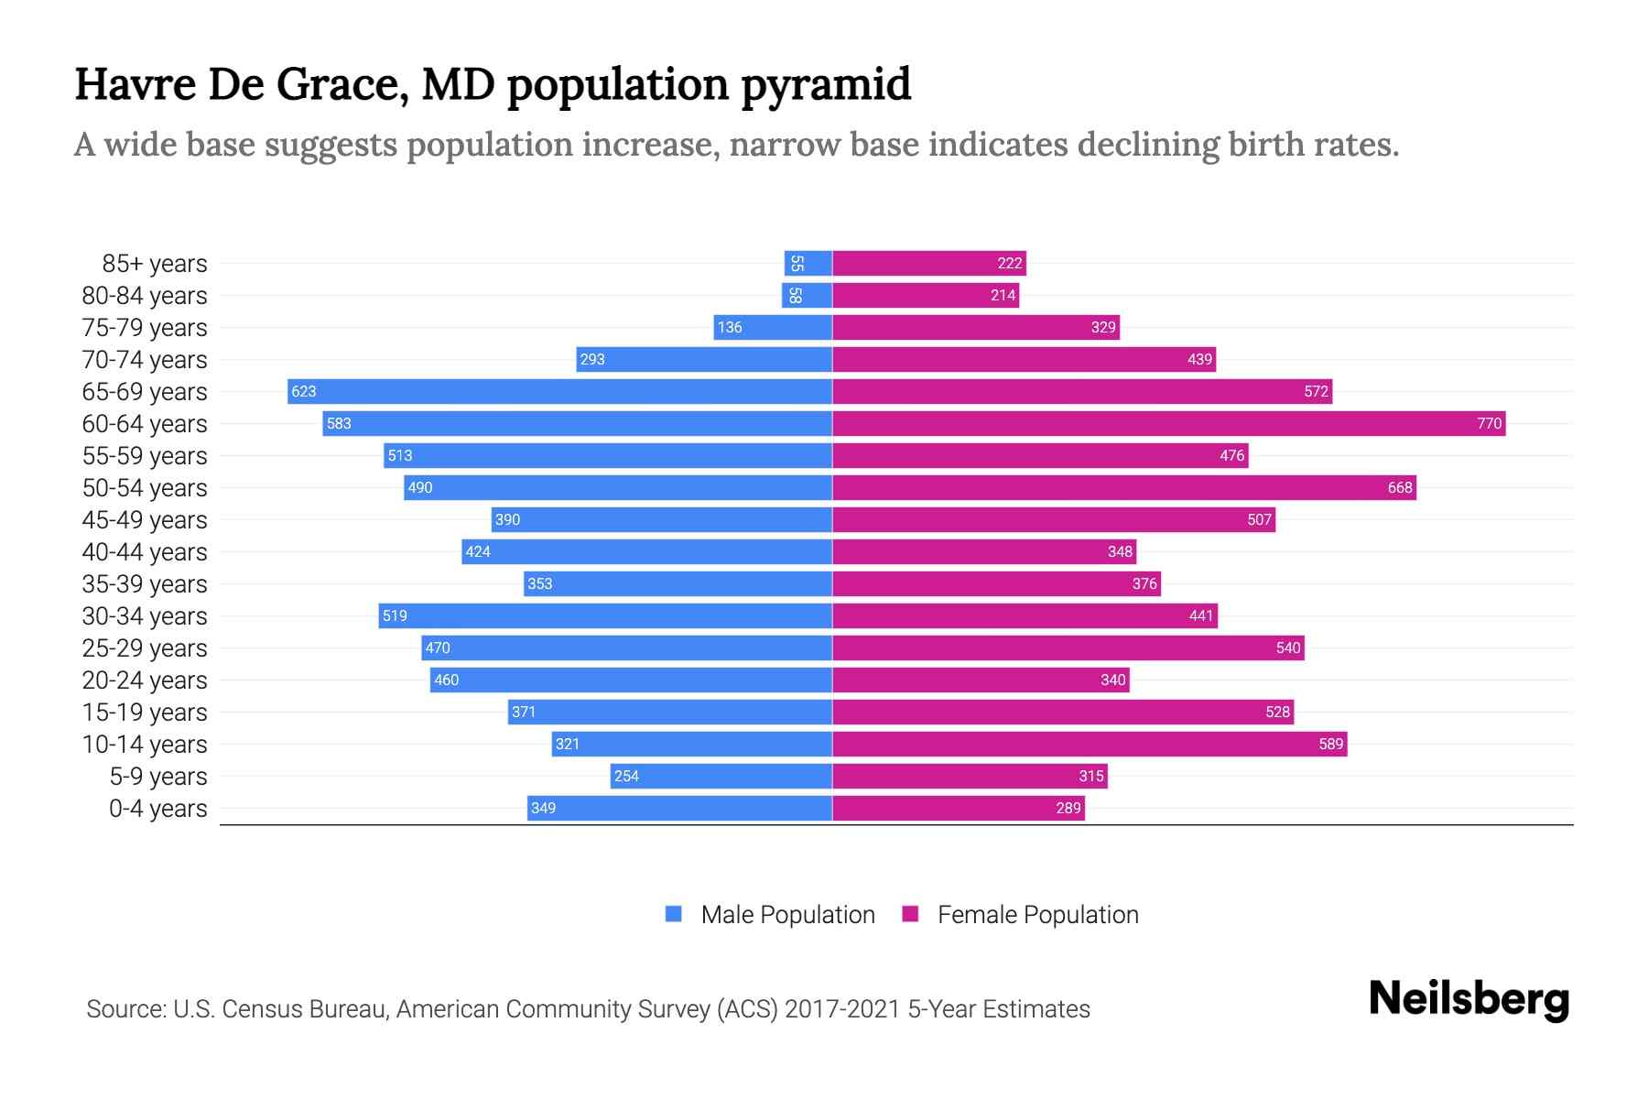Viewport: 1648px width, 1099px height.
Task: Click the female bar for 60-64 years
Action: (1168, 423)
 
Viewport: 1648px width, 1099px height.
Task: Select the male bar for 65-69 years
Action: (559, 391)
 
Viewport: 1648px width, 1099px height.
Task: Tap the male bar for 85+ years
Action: (808, 263)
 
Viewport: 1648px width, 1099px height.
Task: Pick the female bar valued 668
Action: (1124, 487)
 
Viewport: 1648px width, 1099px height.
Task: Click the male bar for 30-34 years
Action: (605, 615)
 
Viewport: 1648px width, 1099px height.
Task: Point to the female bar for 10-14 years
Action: (1090, 744)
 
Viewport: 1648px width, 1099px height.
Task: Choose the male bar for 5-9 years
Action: (721, 776)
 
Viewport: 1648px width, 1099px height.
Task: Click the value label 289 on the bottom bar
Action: (1068, 808)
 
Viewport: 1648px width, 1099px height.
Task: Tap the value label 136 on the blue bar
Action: (730, 327)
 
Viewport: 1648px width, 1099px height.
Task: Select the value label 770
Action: (1489, 423)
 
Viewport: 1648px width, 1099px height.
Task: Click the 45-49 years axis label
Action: (145, 519)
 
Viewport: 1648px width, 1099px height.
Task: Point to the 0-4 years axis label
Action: (157, 808)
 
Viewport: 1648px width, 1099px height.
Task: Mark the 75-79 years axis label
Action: (145, 327)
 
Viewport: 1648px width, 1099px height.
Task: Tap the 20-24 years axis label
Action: (145, 680)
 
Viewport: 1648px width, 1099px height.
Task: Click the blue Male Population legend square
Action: (674, 914)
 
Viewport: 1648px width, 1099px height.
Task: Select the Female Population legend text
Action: (1037, 914)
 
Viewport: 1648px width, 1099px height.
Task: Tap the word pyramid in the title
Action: (826, 84)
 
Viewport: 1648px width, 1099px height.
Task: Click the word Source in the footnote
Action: (125, 1008)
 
